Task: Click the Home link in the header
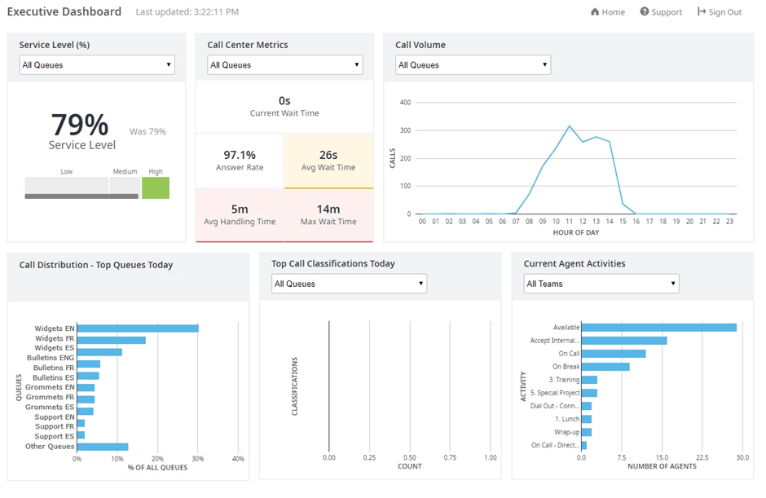coord(608,12)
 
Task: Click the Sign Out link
coord(720,12)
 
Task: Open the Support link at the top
coord(661,12)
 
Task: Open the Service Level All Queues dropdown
coord(97,64)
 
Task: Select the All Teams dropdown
coord(601,284)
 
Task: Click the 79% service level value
coord(80,125)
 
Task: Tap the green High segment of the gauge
coord(156,187)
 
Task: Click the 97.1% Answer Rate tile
coord(240,160)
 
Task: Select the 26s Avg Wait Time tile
coord(328,160)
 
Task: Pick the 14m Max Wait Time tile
coord(328,214)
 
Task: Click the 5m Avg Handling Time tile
coord(240,214)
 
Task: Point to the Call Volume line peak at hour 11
coord(569,126)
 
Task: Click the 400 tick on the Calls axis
coord(405,103)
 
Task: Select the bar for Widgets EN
coord(138,328)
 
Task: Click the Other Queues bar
coord(103,447)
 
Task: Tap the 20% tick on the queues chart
coord(157,458)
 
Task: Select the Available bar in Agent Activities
coord(658,327)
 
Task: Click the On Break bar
coord(605,367)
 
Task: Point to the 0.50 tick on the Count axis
coord(410,458)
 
